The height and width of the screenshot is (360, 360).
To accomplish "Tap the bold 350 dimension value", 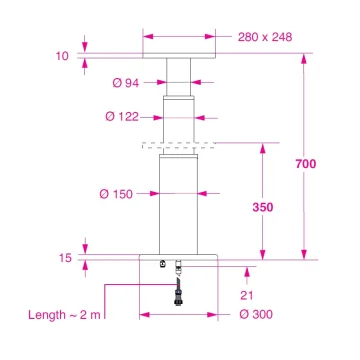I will [262, 207].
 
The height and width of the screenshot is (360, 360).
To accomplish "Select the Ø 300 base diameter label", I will [257, 315].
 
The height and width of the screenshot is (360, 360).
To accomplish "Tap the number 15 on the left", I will [65, 258].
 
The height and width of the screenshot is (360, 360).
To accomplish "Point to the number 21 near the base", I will [245, 295].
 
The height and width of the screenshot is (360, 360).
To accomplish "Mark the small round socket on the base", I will [163, 265].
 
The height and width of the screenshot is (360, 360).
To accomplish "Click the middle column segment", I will [180, 120].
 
